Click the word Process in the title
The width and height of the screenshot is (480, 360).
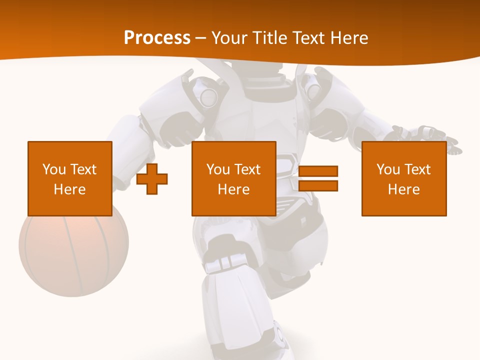pyautogui.click(x=157, y=38)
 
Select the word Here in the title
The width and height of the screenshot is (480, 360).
pyautogui.click(x=348, y=38)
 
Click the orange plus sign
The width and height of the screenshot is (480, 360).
pyautogui.click(x=152, y=179)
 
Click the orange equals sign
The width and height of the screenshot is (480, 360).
pyautogui.click(x=318, y=178)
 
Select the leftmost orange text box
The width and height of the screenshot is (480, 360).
pyautogui.click(x=70, y=178)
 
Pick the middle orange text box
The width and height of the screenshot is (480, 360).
pyautogui.click(x=233, y=178)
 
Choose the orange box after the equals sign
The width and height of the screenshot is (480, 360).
pyautogui.click(x=404, y=178)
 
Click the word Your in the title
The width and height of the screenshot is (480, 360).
pyautogui.click(x=230, y=38)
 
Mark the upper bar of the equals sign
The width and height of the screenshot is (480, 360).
pyautogui.click(x=318, y=171)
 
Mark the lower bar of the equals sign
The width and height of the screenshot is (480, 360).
pyautogui.click(x=318, y=185)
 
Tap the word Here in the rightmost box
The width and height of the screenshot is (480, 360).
pyautogui.click(x=404, y=189)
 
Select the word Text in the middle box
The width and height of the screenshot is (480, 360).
pyautogui.click(x=248, y=169)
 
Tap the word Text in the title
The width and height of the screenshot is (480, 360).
pyautogui.click(x=308, y=38)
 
